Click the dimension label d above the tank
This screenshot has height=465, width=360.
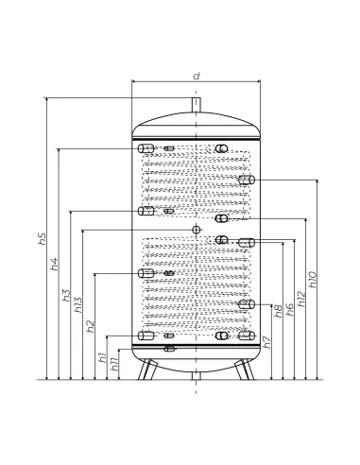click(x=197, y=76)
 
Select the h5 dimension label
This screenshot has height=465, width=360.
click(x=43, y=239)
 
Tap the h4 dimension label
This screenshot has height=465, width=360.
click(x=55, y=264)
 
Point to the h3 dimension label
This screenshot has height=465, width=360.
click(x=66, y=295)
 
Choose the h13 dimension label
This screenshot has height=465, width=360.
click(x=77, y=304)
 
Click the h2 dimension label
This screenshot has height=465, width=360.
click(x=91, y=326)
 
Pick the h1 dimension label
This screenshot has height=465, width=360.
click(x=103, y=357)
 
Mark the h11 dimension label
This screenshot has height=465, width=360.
click(x=114, y=364)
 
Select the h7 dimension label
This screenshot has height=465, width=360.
click(x=266, y=342)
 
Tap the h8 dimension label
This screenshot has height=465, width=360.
click(x=279, y=311)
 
